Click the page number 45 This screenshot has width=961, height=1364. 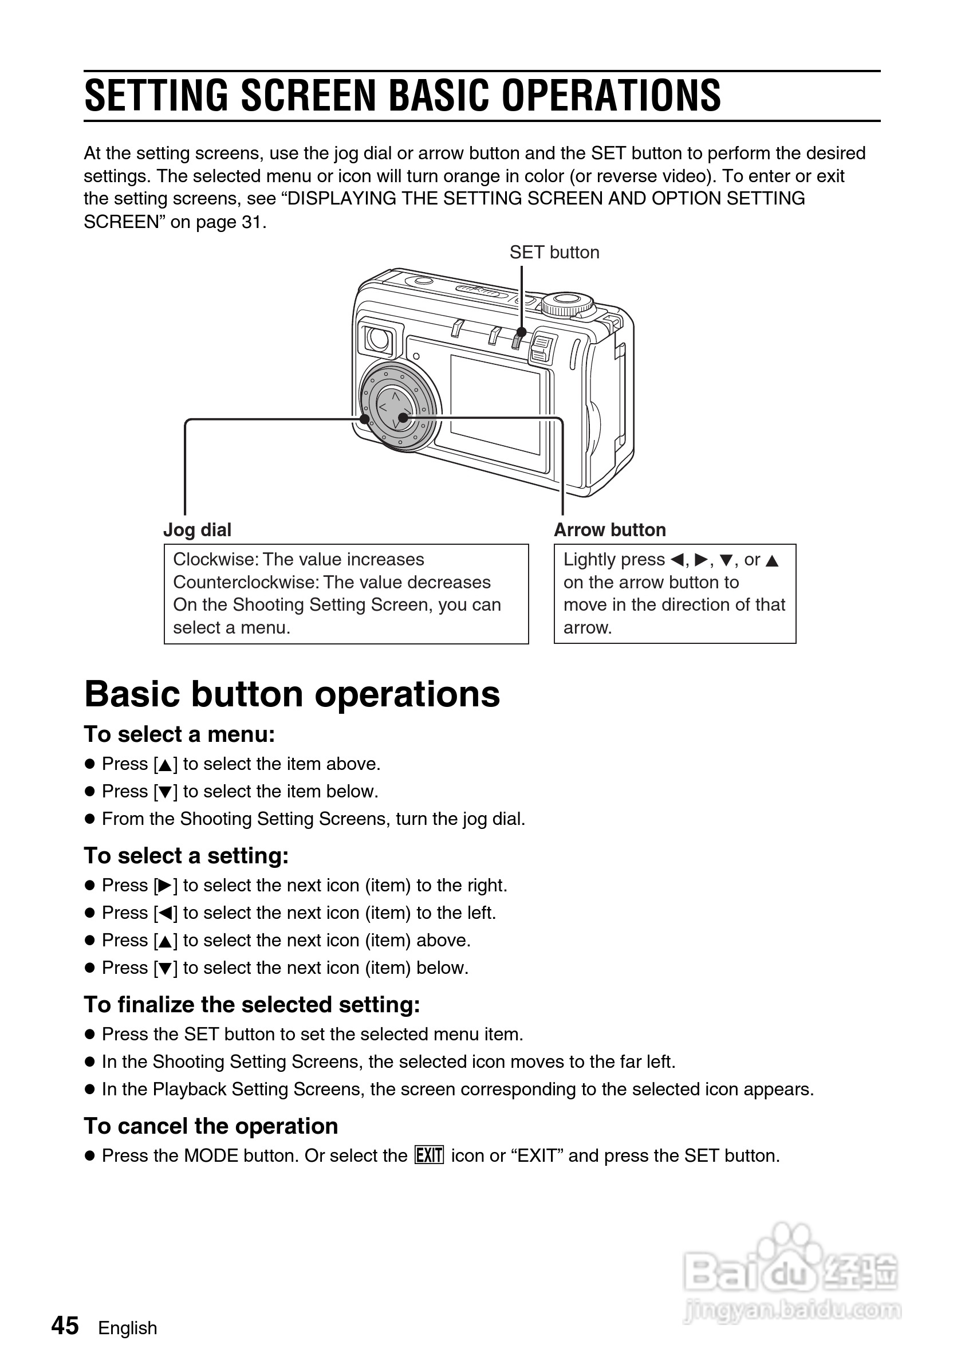click(x=65, y=1326)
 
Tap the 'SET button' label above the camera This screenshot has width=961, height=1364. click(x=554, y=253)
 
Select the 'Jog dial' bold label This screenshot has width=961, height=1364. click(x=197, y=529)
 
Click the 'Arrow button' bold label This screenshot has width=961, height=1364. click(x=609, y=529)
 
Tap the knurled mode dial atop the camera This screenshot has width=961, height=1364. click(x=567, y=304)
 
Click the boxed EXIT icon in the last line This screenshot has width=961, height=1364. click(x=429, y=1155)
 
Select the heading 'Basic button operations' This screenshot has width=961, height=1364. click(x=292, y=694)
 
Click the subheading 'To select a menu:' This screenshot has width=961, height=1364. click(x=179, y=734)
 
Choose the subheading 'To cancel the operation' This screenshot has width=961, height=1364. click(x=211, y=1126)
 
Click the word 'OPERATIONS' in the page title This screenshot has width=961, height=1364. click(x=611, y=96)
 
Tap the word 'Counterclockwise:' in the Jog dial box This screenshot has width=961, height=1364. click(x=245, y=582)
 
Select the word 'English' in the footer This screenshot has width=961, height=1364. click(x=128, y=1328)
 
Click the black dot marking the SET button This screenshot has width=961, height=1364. click(x=521, y=332)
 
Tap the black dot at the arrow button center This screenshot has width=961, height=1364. click(x=403, y=418)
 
